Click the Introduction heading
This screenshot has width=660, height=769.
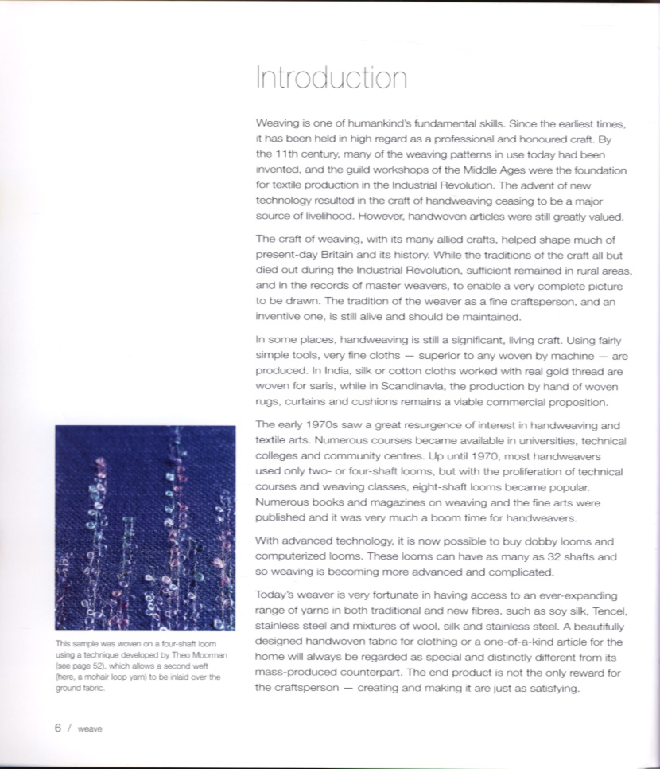[x=331, y=78]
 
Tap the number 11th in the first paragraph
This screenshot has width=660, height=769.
[x=306, y=156]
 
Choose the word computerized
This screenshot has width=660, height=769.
[x=293, y=556]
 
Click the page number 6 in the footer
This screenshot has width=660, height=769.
[x=58, y=728]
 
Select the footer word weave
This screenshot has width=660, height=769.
[x=89, y=728]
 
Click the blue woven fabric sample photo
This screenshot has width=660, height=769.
[x=145, y=527]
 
